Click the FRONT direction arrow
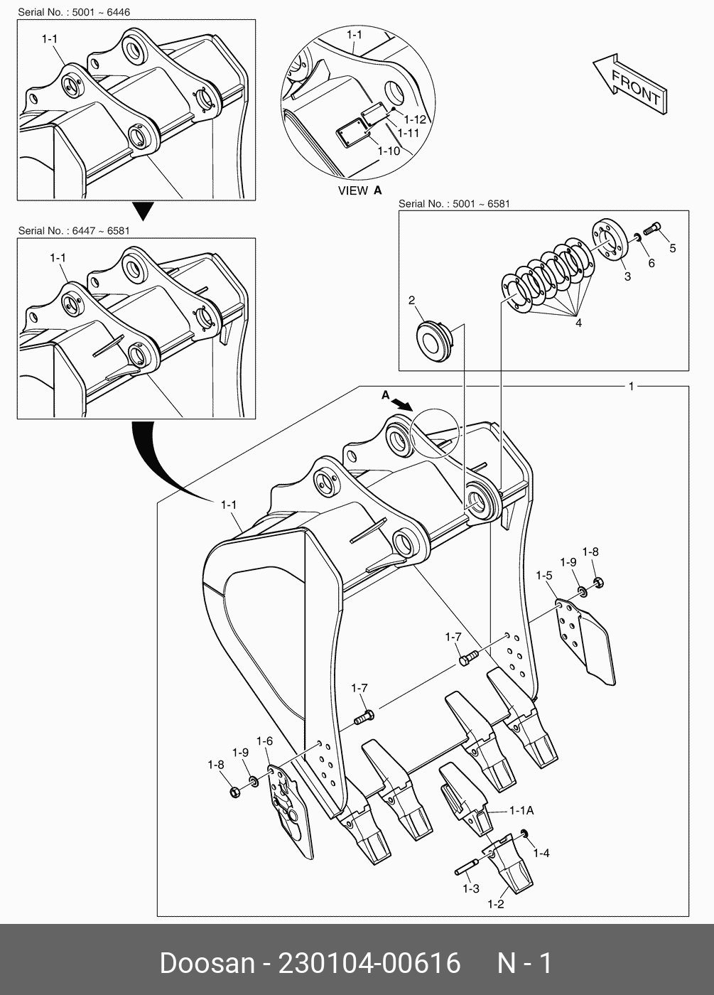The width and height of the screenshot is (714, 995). pos(629,84)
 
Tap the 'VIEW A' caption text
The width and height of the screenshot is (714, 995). pos(359,190)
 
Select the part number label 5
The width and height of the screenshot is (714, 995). pos(672,248)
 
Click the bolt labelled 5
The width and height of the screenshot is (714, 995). pos(652,230)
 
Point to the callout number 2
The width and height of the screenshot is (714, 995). pos(411,301)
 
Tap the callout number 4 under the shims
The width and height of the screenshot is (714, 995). pos(578,323)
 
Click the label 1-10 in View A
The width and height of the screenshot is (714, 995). pos(389,151)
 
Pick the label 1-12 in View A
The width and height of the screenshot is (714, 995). pos(414,119)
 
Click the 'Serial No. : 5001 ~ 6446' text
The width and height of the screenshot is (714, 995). pos(74,12)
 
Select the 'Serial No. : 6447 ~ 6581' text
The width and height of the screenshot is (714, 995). pos(74,231)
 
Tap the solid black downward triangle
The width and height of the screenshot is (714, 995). pos(144,211)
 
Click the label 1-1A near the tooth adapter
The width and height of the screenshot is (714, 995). pos(521,810)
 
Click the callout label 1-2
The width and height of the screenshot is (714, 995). pos(495,904)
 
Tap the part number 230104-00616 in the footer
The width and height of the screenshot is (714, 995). pos(369,964)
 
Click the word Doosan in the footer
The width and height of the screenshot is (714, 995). pos(207,964)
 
